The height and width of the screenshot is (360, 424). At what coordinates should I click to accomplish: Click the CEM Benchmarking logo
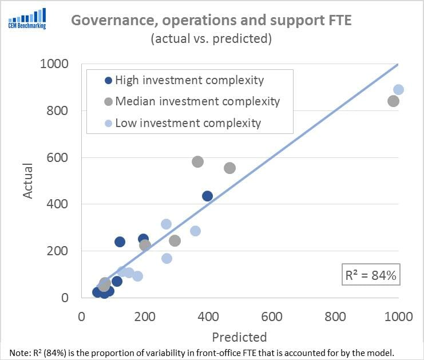click(x=27, y=18)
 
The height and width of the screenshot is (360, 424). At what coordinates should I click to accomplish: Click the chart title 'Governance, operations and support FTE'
click(x=211, y=21)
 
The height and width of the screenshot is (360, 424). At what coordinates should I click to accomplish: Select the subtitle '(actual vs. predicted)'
click(x=211, y=39)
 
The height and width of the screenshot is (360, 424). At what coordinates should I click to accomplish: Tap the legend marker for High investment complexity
click(x=109, y=81)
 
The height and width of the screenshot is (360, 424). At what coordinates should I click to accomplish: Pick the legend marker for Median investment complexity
click(x=109, y=102)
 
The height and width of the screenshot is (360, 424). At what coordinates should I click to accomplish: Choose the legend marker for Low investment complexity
click(x=109, y=123)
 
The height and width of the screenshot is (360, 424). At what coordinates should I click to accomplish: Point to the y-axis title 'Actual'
click(x=28, y=181)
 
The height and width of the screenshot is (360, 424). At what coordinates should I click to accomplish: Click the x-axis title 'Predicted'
click(x=239, y=337)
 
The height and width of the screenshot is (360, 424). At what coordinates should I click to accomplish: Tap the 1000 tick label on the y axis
click(x=54, y=64)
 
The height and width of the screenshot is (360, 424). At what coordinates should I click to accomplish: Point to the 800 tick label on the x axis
click(x=335, y=317)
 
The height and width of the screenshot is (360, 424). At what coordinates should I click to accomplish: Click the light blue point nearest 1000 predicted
click(x=398, y=89)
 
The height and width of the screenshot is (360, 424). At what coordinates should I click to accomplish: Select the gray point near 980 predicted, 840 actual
click(x=393, y=101)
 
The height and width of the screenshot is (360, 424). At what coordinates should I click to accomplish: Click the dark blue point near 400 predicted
click(x=207, y=196)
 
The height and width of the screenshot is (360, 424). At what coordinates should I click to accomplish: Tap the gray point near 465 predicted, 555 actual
click(x=229, y=168)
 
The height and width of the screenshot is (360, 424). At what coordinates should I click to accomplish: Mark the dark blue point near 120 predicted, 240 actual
click(x=120, y=242)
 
